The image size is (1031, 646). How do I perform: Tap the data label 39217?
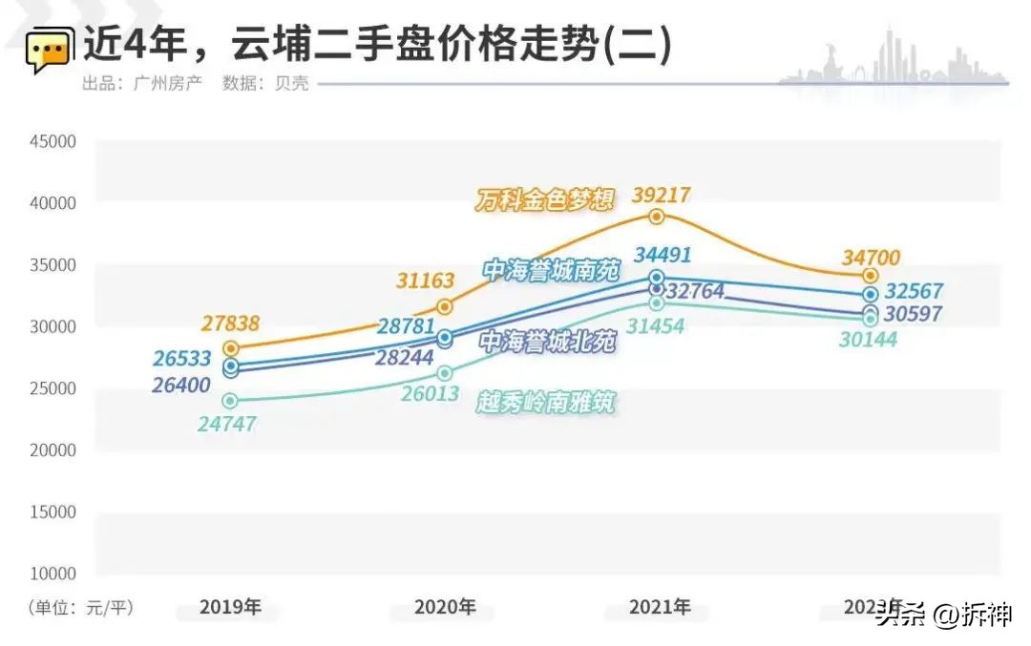661,196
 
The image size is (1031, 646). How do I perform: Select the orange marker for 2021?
657,217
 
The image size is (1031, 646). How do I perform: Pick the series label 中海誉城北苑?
548,342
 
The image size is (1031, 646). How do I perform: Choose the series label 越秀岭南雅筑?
546,403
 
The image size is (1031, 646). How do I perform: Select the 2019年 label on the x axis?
230,607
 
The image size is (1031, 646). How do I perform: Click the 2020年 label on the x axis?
445,607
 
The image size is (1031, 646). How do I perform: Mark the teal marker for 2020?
445,373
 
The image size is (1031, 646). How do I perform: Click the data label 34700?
871,257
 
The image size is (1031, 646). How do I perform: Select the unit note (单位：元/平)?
80,607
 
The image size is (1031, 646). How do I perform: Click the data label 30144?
868,338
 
